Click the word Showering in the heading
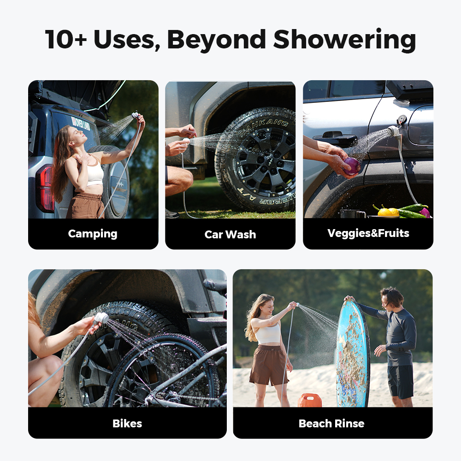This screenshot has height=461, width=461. pyautogui.click(x=344, y=40)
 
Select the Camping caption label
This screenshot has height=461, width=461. pyautogui.click(x=93, y=234)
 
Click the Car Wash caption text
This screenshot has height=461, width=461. pyautogui.click(x=230, y=234)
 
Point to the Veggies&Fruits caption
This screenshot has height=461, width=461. pyautogui.click(x=368, y=233)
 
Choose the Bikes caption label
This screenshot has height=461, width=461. pyautogui.click(x=127, y=423)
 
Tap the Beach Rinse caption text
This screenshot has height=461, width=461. pyautogui.click(x=331, y=423)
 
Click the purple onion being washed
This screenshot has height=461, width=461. pyautogui.click(x=351, y=166)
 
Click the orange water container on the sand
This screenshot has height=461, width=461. pyautogui.click(x=309, y=400)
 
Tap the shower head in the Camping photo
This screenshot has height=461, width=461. pyautogui.click(x=135, y=115)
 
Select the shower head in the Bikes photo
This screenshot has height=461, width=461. pyautogui.click(x=101, y=318)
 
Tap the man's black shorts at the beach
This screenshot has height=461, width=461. pyautogui.click(x=400, y=381)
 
